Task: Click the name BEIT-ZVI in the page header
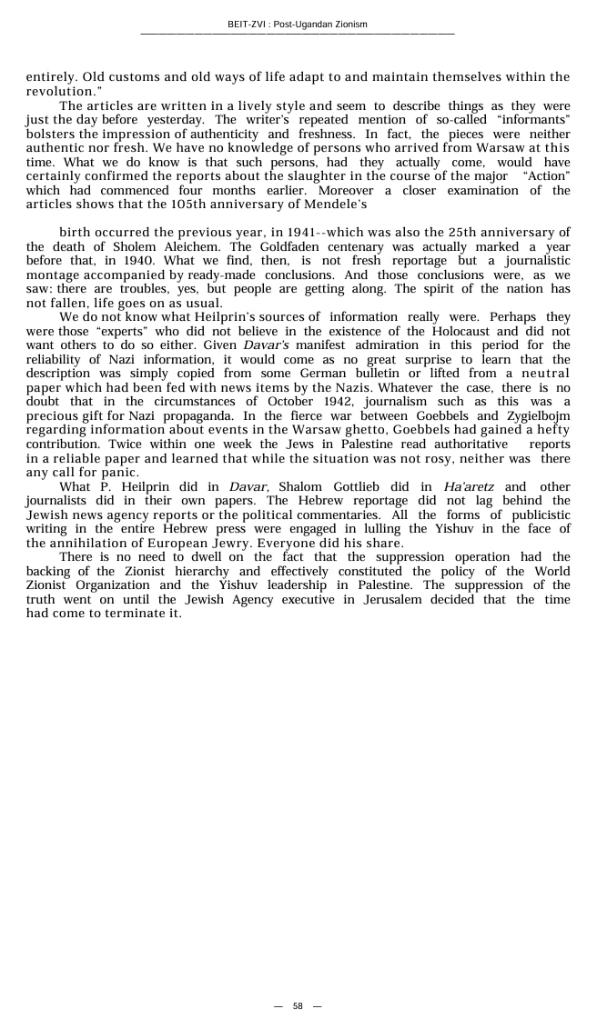pyautogui.click(x=248, y=25)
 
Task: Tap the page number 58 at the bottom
pyautogui.click(x=298, y=1006)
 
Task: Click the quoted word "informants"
pyautogui.click(x=532, y=120)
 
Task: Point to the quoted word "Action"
pyautogui.click(x=546, y=176)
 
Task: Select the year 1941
pyautogui.click(x=304, y=233)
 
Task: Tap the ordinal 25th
pyautogui.click(x=433, y=233)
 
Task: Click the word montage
pyautogui.click(x=53, y=275)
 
